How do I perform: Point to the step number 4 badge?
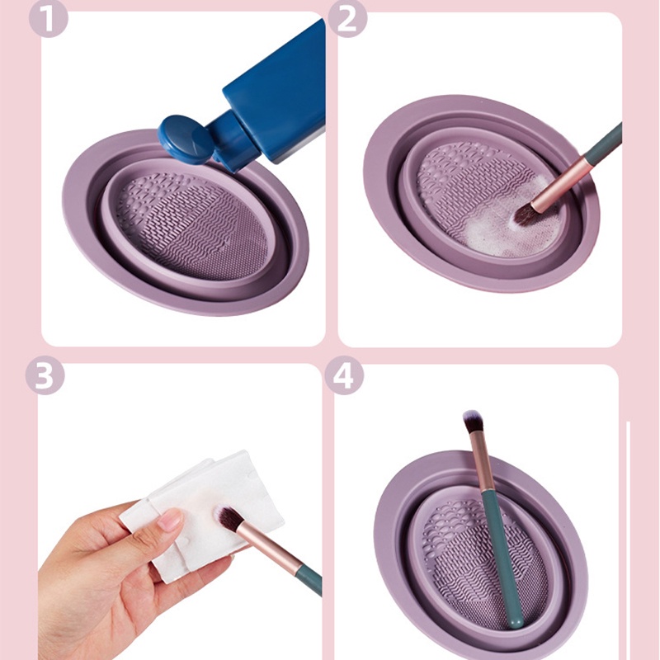click(x=344, y=375)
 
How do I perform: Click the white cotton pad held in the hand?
click(x=206, y=495)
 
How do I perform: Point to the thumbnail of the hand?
click(x=170, y=519)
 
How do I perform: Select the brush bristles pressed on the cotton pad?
click(x=228, y=519)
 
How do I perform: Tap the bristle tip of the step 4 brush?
click(x=473, y=420)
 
